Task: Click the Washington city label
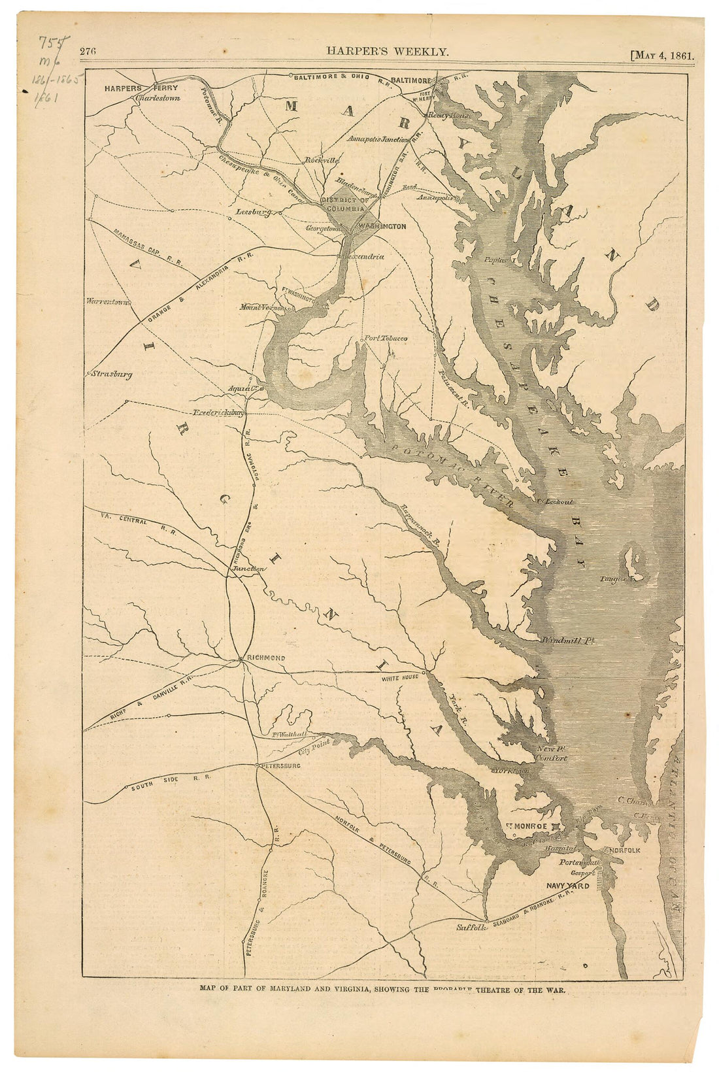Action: (382, 226)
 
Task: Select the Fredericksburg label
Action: (219, 413)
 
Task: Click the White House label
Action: (400, 678)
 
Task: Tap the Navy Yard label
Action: (567, 886)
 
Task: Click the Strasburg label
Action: (110, 375)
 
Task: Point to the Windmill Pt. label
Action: (567, 641)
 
